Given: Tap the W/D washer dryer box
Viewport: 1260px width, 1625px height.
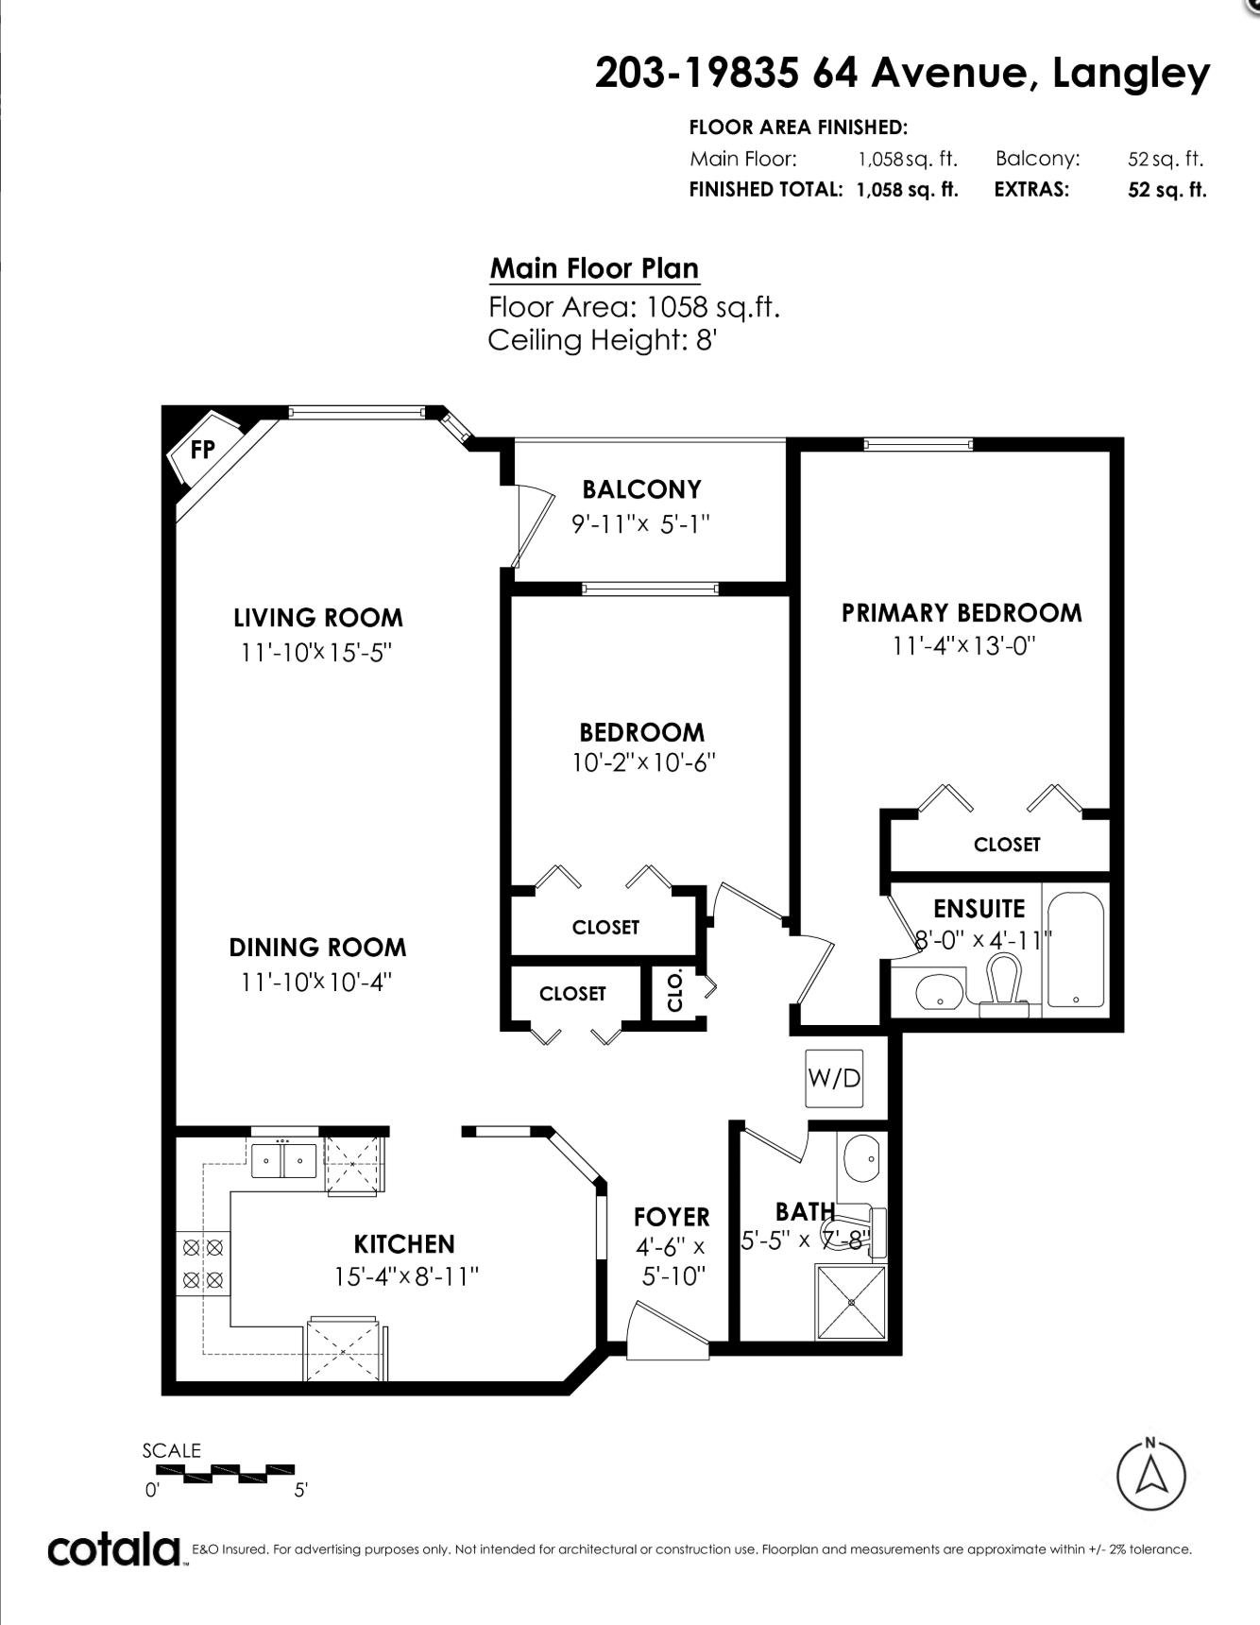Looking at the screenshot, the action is coord(834,1078).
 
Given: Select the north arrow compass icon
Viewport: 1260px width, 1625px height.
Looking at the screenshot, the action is coord(1150,1475).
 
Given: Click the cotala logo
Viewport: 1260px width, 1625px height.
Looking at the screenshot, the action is coord(113,1550).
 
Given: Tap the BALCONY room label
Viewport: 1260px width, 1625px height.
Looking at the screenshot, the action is coord(642,489).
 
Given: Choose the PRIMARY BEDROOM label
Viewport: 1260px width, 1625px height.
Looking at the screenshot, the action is coord(962,613).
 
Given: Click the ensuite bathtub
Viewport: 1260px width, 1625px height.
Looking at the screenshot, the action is coord(1075,948).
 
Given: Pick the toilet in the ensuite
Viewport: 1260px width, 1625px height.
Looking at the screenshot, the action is coord(1003,984).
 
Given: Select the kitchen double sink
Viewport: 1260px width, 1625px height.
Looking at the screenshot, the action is coord(283,1160).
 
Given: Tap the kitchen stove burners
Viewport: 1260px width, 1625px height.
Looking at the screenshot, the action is coord(203,1264).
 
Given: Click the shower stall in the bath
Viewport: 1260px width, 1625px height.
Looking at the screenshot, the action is coord(851,1302).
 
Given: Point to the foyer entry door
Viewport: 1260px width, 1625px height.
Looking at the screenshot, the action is coord(669,1332).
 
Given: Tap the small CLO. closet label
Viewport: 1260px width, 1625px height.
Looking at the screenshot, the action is coord(675,990).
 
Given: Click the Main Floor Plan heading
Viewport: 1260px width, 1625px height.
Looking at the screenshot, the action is coord(595,268).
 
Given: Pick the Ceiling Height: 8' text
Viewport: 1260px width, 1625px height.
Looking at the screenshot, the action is coord(603,340).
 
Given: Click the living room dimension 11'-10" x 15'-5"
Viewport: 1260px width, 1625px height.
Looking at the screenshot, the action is coord(316,652).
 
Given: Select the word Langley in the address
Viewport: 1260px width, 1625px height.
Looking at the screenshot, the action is coord(1131,74).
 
